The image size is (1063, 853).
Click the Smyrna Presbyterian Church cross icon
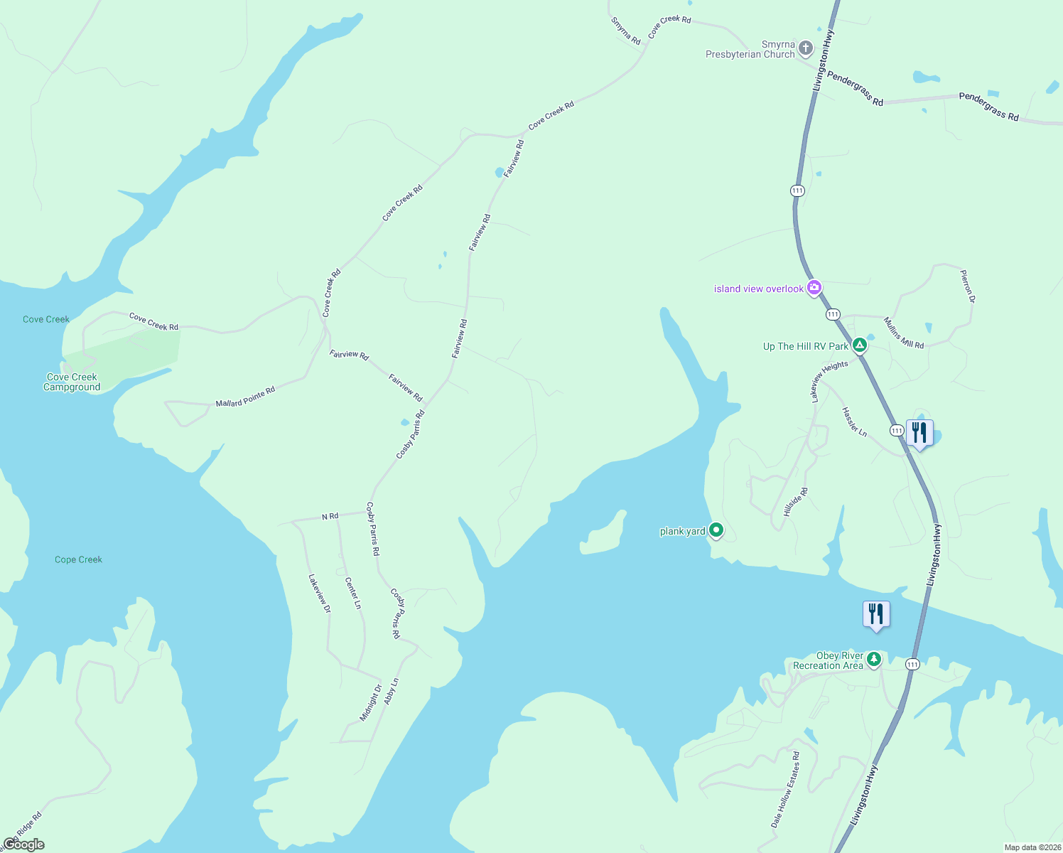[805, 48]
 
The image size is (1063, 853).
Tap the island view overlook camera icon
[814, 288]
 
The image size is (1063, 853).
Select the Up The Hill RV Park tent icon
[860, 345]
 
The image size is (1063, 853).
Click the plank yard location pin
[716, 530]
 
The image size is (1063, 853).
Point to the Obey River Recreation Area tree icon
[874, 659]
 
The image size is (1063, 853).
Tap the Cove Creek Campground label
[72, 382]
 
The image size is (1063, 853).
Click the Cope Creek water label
[78, 559]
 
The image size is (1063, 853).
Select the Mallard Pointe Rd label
[245, 397]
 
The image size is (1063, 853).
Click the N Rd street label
[330, 517]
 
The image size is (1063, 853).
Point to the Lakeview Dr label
[319, 594]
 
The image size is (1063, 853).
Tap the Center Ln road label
[353, 593]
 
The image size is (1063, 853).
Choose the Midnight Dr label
[370, 703]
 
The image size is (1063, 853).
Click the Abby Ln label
[392, 691]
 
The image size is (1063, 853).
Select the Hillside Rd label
[796, 502]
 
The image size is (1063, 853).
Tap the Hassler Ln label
[854, 422]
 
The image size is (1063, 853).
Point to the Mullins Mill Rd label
[904, 333]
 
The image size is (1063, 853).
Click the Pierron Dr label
[967, 286]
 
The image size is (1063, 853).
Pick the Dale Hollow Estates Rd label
[785, 790]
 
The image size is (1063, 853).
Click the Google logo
[23, 844]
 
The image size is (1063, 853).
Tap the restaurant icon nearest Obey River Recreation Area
[876, 614]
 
